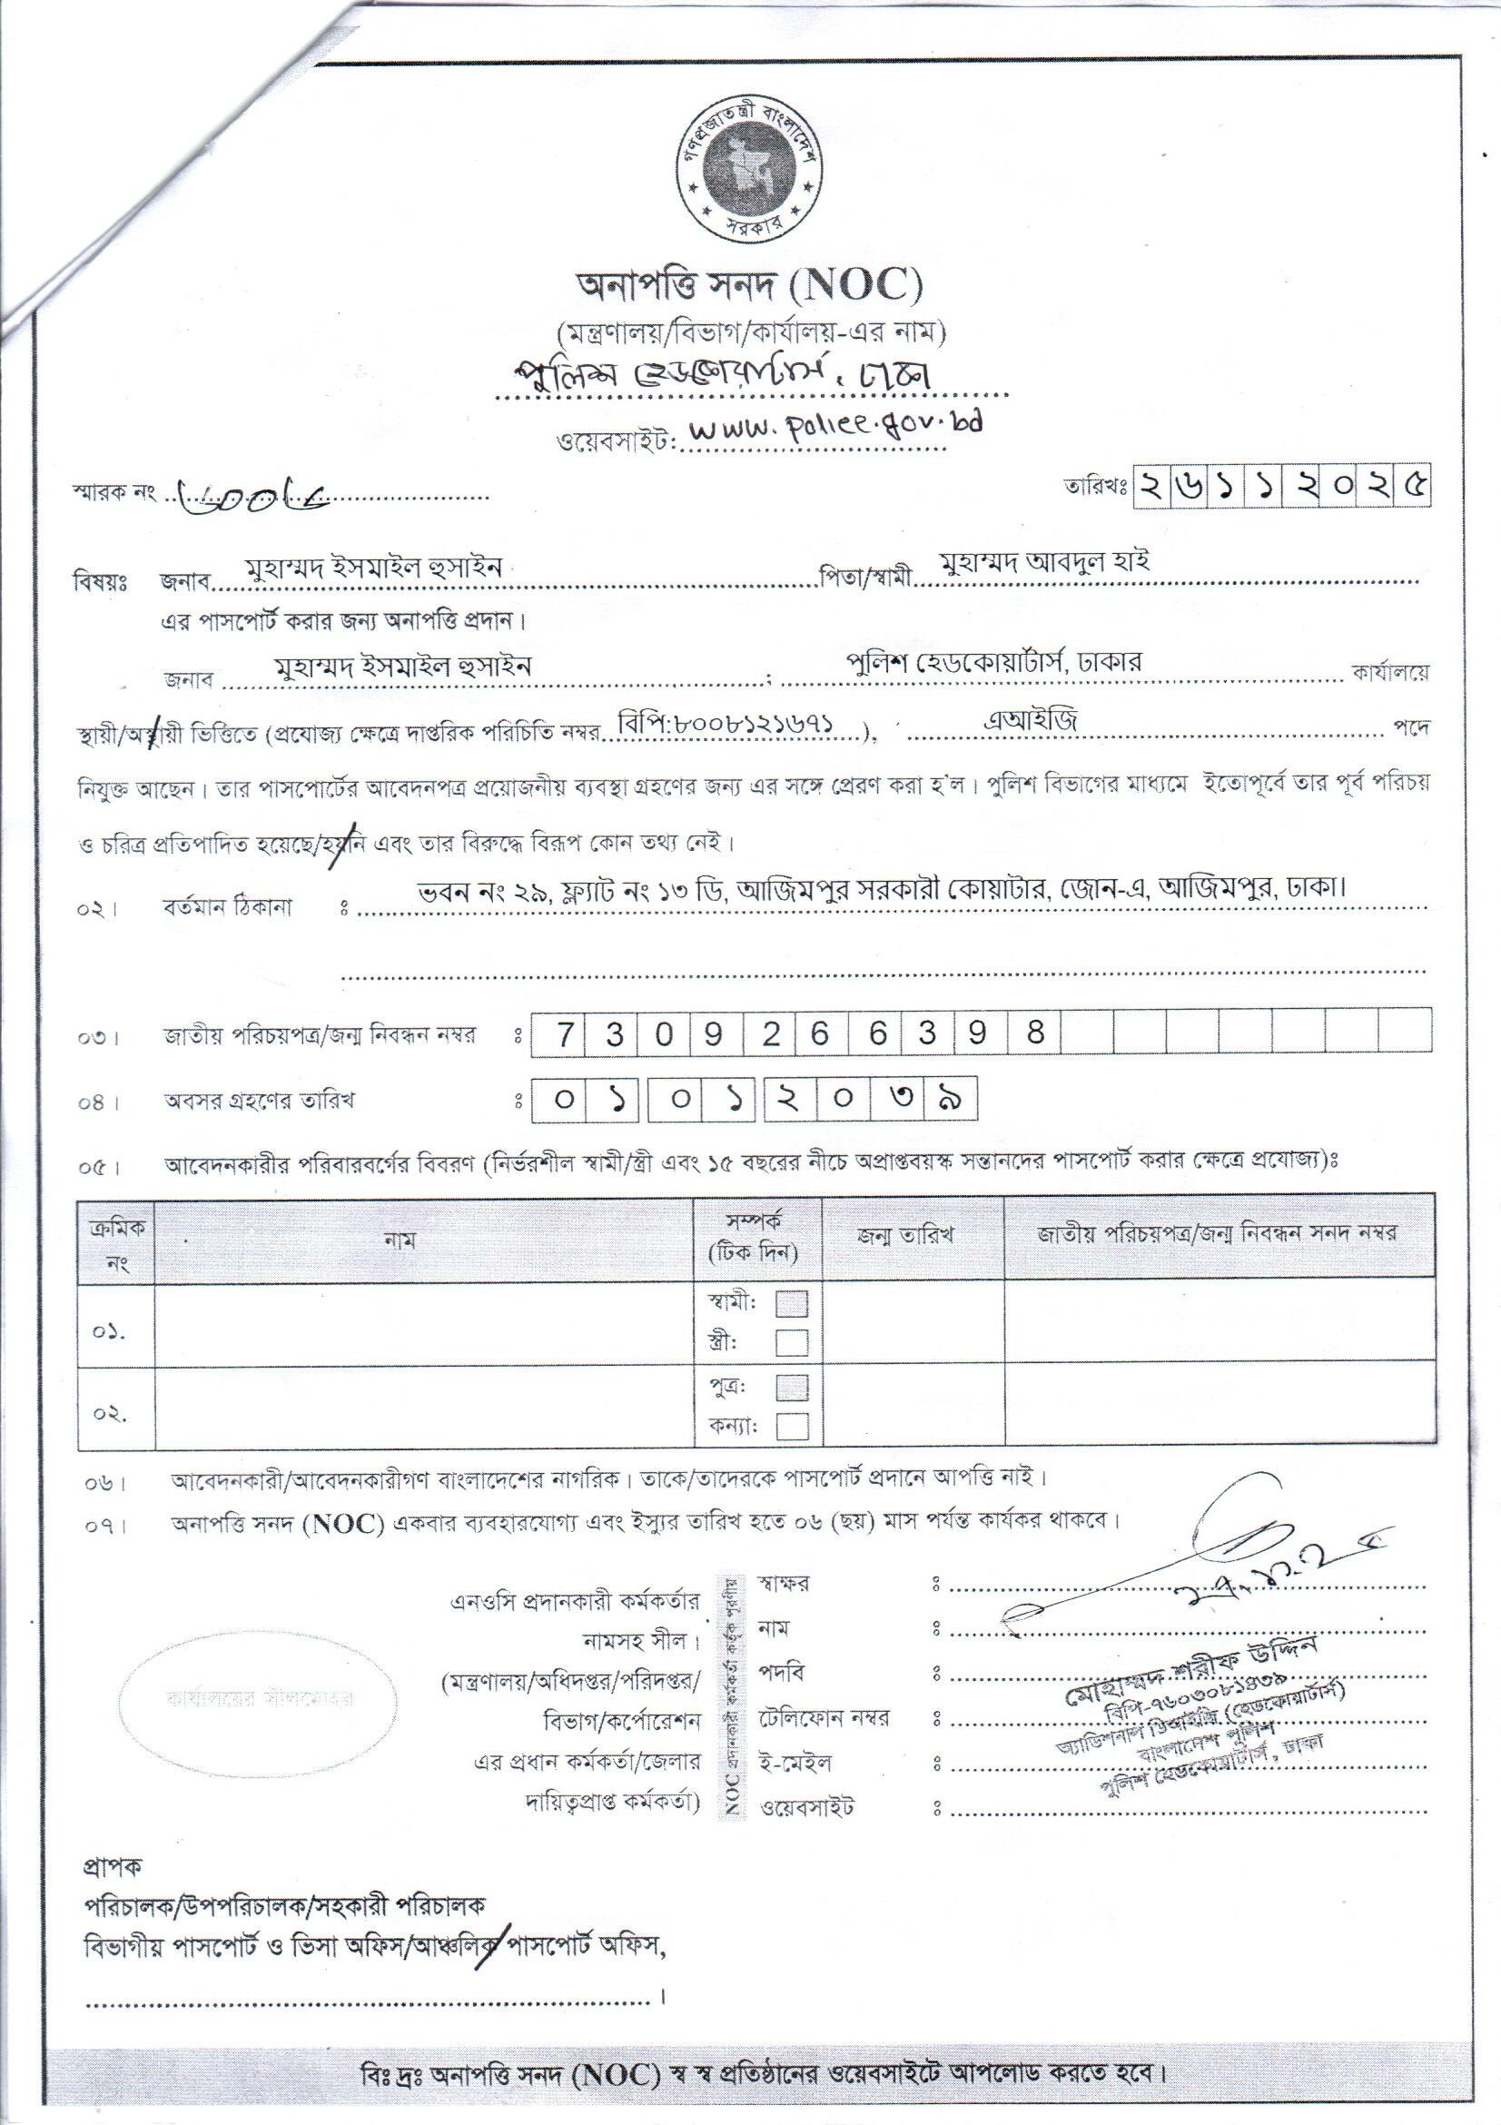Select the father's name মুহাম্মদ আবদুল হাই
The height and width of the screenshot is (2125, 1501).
coord(1045,563)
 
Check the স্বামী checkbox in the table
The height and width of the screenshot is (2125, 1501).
coord(791,1304)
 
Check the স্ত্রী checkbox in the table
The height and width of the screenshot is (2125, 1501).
coord(791,1341)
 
